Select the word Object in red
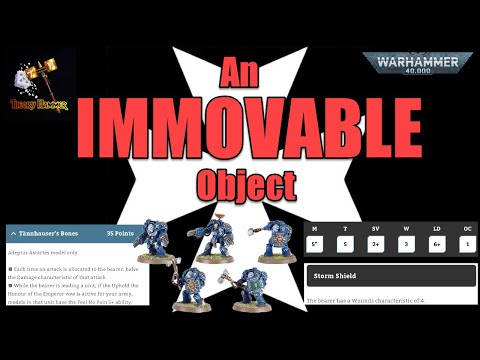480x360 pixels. pyautogui.click(x=240, y=185)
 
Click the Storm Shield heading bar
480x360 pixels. pyautogui.click(x=391, y=276)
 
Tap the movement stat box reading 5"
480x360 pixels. pyautogui.click(x=315, y=243)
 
